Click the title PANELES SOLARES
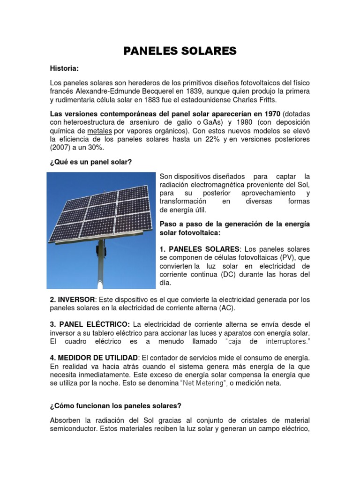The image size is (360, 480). (180, 51)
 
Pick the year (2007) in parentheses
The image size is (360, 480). (60, 147)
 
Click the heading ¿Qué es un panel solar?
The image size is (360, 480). (91, 162)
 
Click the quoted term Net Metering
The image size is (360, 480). (206, 382)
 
